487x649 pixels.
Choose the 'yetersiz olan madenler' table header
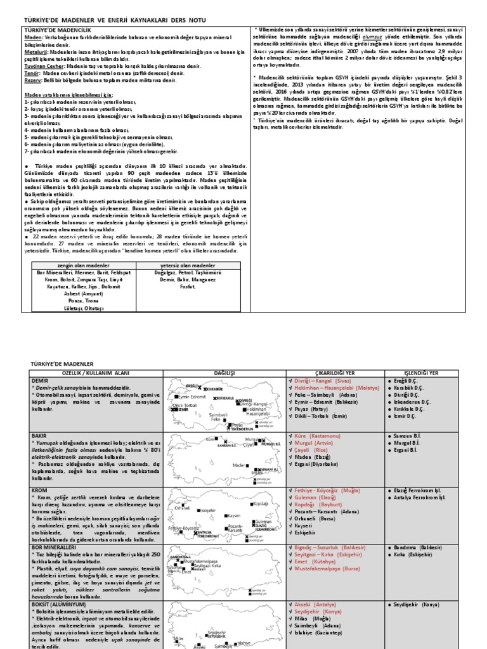(190, 265)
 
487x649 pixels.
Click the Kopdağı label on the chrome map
(260, 504)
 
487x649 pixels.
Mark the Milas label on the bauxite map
(178, 638)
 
